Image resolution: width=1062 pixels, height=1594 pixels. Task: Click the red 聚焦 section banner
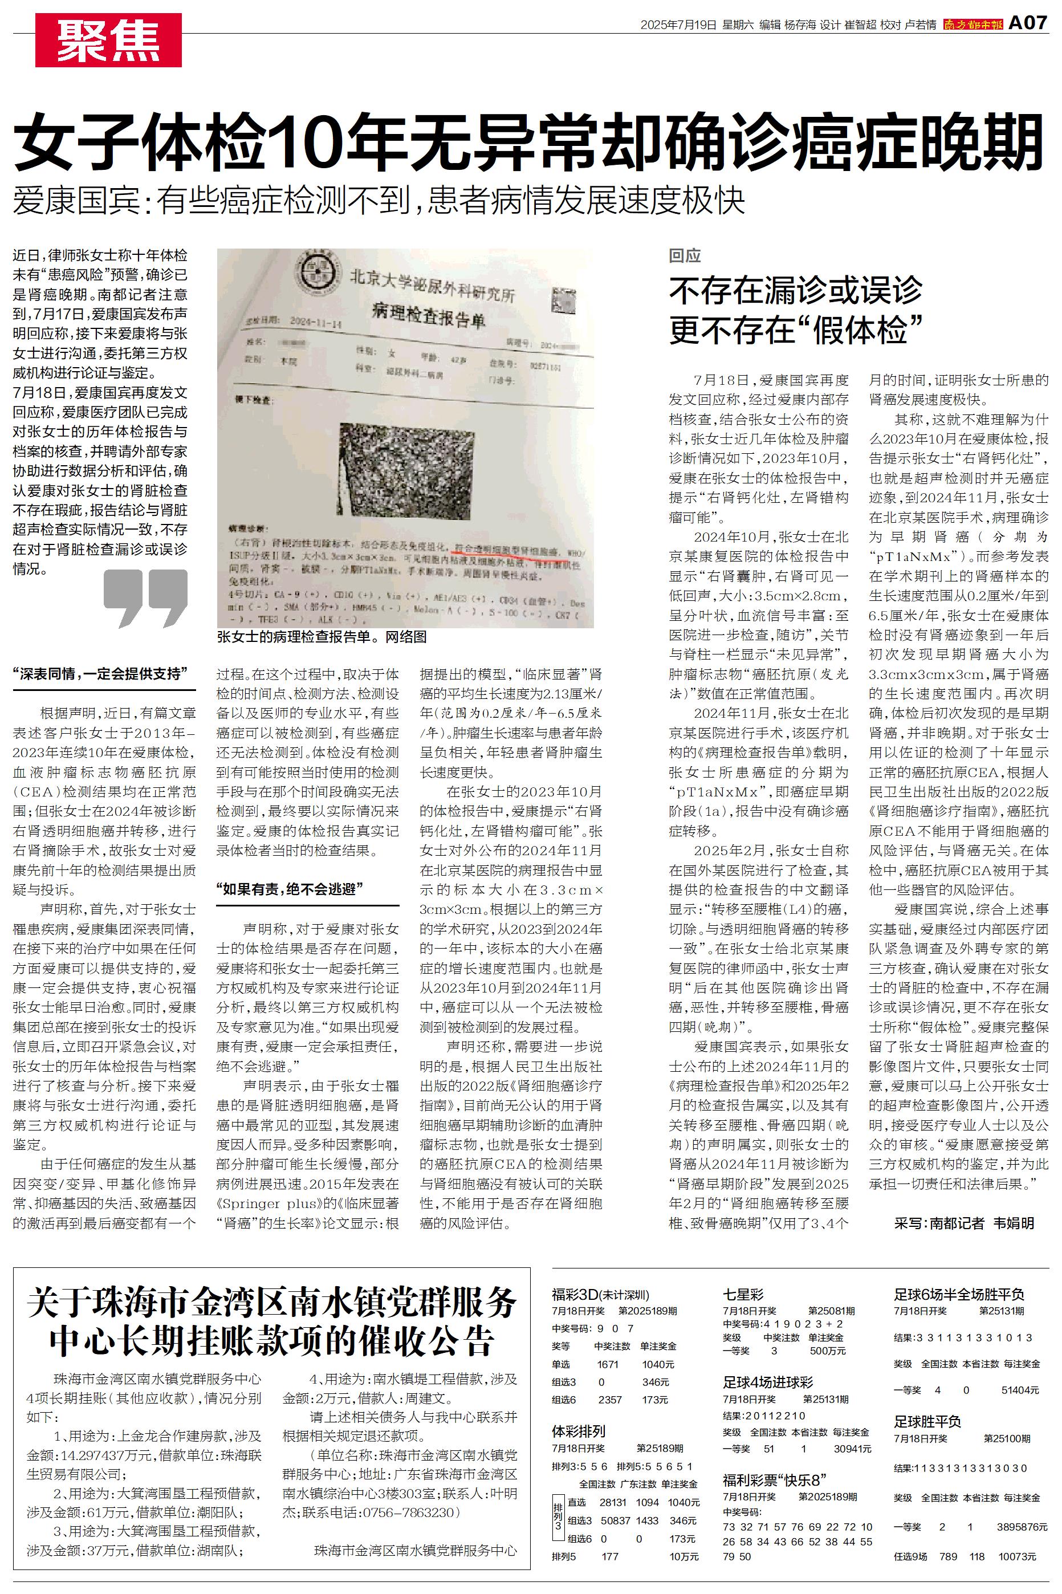(108, 40)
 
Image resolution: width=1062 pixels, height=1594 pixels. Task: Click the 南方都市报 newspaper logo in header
(973, 25)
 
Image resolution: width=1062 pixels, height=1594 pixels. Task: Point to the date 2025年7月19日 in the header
(678, 25)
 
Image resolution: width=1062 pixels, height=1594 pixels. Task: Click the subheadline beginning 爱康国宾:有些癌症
(379, 201)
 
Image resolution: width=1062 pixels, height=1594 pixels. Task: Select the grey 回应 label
(685, 255)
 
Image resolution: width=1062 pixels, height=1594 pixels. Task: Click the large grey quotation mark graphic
(145, 597)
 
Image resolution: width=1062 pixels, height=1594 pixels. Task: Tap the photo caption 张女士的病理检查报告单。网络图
(322, 637)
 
